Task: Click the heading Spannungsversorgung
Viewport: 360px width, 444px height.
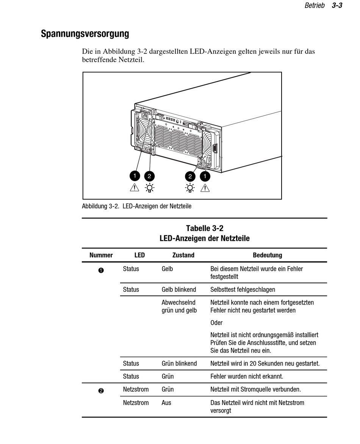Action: [85, 34]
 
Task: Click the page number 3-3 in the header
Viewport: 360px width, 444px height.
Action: [337, 6]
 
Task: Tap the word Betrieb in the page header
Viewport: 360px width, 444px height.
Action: [315, 6]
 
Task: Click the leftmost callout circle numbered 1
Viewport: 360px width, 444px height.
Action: [135, 176]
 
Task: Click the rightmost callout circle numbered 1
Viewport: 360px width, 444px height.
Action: [205, 176]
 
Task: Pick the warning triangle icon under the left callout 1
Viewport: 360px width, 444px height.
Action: [135, 187]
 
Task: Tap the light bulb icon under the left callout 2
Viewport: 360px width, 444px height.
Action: [150, 188]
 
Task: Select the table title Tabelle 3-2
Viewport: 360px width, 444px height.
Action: [205, 228]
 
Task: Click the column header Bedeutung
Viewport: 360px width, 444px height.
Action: [268, 255]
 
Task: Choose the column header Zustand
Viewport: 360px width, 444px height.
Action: [183, 255]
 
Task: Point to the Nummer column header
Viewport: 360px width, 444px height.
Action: [101, 255]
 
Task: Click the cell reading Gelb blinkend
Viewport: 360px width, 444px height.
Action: [179, 289]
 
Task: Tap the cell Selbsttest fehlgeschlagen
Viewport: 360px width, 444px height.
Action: [243, 289]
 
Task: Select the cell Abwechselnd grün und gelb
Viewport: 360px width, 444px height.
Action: [179, 306]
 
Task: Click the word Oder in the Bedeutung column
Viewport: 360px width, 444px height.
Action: [216, 323]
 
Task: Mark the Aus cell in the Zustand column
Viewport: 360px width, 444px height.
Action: [166, 403]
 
